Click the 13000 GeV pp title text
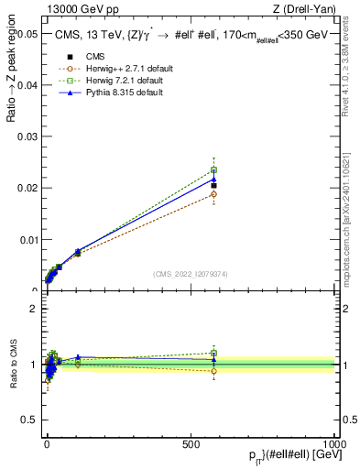point(82,10)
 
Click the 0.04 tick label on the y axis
point(27,85)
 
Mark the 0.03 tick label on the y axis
point(27,136)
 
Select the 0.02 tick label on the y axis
point(27,188)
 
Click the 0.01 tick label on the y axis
point(27,240)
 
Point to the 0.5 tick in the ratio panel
point(30,420)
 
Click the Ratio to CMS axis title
point(12,365)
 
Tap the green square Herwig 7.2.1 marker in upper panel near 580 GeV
point(213,169)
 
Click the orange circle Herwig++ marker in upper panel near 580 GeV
point(213,194)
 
